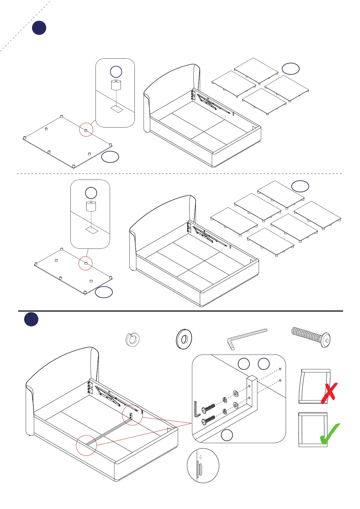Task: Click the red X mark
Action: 329,393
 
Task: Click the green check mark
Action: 330,434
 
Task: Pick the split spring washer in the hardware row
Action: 132,339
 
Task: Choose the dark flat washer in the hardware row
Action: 184,339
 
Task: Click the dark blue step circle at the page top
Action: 39,28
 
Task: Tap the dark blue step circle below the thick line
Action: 31,319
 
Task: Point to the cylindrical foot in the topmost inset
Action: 116,85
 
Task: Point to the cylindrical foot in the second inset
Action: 91,206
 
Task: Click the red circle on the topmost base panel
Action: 86,130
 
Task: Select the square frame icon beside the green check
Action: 313,430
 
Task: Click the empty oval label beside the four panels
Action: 290,69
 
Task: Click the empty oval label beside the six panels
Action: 300,186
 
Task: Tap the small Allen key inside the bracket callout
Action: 197,409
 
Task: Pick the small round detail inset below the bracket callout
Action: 203,465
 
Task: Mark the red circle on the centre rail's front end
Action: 86,445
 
